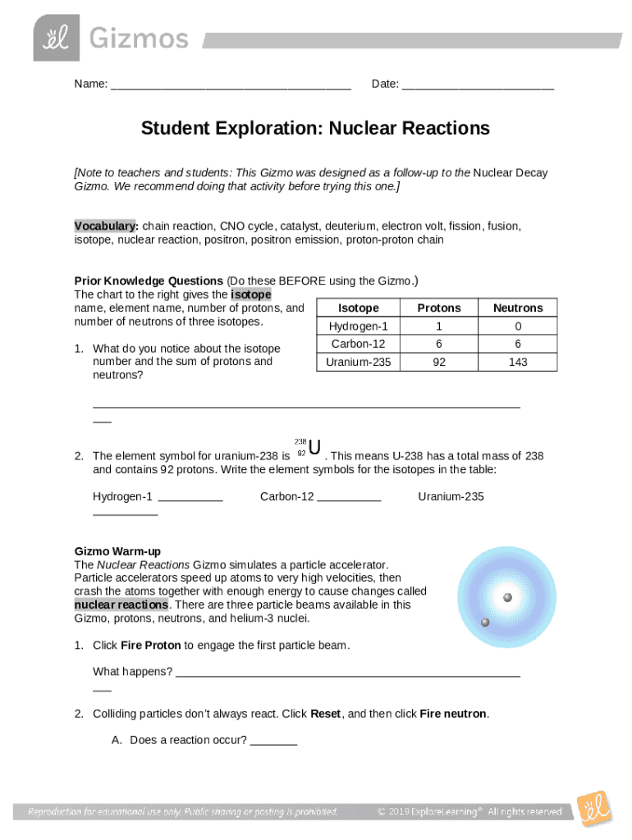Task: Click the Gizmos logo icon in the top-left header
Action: point(57,37)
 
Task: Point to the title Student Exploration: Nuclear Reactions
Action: point(315,129)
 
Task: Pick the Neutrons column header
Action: point(518,308)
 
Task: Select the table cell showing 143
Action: point(518,362)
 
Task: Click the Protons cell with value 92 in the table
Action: point(439,362)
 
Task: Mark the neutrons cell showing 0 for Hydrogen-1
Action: point(518,326)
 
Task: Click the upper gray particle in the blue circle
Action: point(507,597)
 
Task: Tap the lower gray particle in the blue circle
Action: point(485,623)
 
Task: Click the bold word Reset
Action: point(326,714)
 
